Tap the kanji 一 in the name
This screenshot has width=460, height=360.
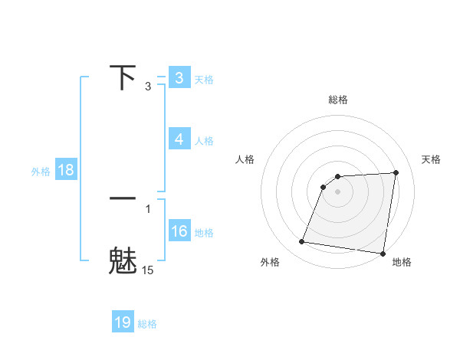[123, 198]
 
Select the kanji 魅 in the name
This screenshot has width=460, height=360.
[123, 260]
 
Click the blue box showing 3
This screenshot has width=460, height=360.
[179, 78]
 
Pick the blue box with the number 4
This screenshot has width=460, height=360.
[179, 139]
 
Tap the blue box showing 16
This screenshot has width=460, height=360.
[179, 231]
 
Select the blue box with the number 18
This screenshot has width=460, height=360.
[66, 170]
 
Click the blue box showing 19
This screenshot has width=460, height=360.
[123, 322]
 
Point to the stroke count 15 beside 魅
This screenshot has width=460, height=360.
[148, 270]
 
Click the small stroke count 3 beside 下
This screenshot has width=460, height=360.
[148, 87]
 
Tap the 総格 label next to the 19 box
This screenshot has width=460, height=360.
[147, 324]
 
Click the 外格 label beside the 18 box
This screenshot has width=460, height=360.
[41, 172]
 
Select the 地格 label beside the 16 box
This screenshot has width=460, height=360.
[204, 233]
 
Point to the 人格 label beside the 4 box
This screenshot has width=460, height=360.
[204, 141]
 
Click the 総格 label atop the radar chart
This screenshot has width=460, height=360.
[337, 100]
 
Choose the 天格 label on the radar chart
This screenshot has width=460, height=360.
[431, 159]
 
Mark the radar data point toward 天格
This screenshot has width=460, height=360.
[396, 173]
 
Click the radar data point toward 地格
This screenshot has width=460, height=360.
[383, 254]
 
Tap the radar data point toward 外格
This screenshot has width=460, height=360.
[302, 242]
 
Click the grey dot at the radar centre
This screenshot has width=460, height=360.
[337, 191]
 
